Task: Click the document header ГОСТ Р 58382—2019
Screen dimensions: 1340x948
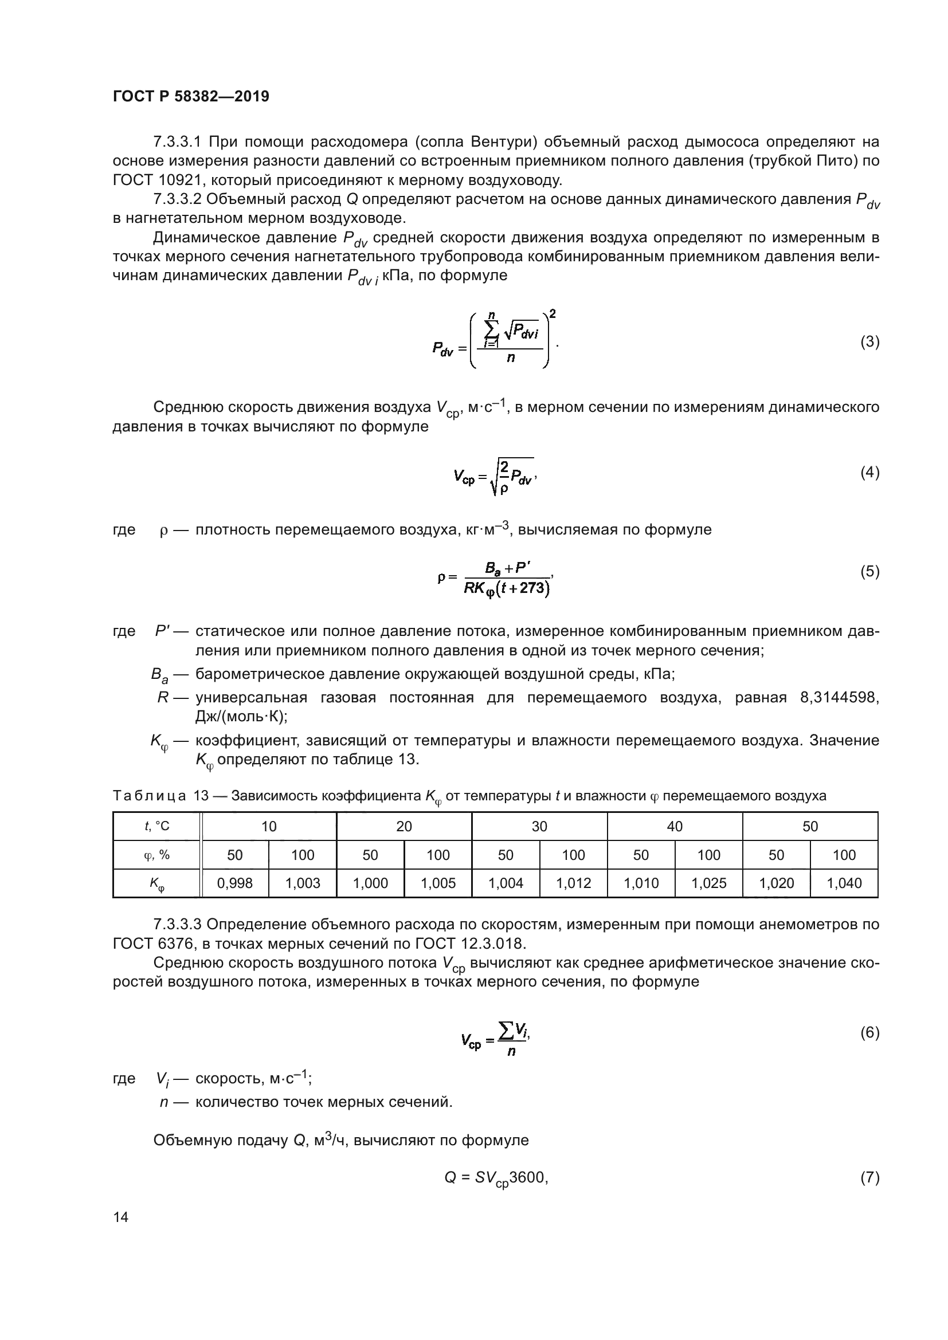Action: pos(191,96)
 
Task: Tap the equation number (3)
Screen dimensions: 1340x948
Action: pos(870,342)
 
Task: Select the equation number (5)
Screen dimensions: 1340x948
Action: pos(870,571)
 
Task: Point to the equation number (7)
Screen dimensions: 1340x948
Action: pos(870,1177)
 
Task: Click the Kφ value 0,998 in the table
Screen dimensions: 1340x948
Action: pos(234,883)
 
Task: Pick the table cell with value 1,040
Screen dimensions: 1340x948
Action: pos(844,883)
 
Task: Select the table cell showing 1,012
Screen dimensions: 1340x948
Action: pos(573,883)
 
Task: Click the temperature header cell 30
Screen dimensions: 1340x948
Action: pos(539,826)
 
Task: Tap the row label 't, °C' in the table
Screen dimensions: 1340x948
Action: pos(157,826)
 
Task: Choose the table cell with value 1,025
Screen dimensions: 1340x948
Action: pos(708,883)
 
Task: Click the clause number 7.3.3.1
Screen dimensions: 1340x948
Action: pos(178,142)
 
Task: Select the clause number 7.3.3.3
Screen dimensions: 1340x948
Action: pos(178,925)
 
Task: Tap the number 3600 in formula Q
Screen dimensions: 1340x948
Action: pos(528,1177)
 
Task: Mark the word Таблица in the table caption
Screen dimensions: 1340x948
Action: pos(150,796)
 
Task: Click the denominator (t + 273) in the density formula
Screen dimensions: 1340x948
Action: pos(529,588)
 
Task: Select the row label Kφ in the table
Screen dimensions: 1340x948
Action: pos(157,884)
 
